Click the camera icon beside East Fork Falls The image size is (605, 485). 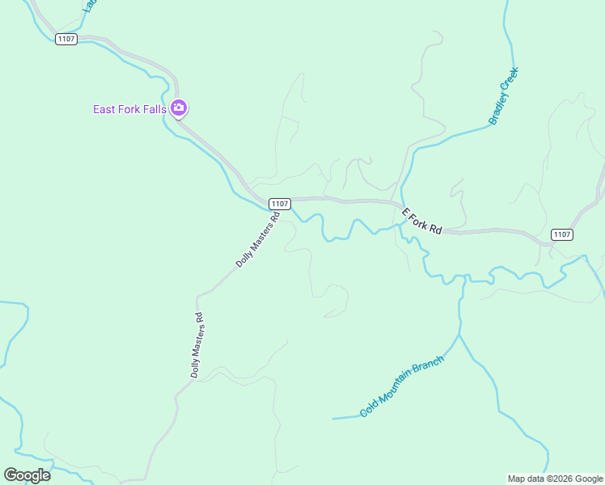tap(179, 108)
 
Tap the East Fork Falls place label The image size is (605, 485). tap(129, 109)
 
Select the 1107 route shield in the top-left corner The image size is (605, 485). tap(66, 39)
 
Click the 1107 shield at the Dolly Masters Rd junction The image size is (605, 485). tap(280, 204)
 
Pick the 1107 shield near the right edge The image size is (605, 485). tap(562, 234)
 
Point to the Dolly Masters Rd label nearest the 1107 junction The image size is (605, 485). tap(257, 239)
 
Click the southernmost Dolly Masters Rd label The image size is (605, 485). tap(197, 346)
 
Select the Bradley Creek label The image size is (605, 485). tap(503, 95)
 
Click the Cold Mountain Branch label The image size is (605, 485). tap(403, 386)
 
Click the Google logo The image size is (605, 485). tap(27, 474)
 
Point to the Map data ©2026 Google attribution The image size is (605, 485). tap(555, 479)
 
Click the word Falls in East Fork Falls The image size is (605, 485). tap(154, 109)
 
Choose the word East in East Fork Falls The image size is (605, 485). tap(105, 109)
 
